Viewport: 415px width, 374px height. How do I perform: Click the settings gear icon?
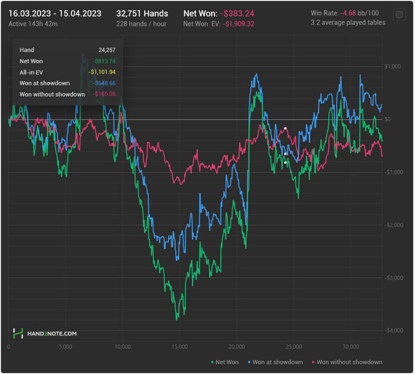(399, 14)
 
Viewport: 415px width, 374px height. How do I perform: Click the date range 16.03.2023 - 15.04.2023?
(55, 13)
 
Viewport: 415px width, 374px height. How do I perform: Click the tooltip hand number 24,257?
(107, 50)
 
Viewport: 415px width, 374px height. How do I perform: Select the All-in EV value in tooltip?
(101, 72)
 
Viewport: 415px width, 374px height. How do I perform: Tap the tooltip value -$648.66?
(104, 83)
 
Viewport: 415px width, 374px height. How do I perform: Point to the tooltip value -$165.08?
(104, 94)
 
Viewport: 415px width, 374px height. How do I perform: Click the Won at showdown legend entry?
(277, 362)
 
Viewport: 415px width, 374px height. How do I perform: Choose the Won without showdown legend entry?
(349, 362)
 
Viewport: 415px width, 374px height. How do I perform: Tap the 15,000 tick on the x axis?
(180, 347)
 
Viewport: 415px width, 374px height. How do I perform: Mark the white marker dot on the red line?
(285, 128)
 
